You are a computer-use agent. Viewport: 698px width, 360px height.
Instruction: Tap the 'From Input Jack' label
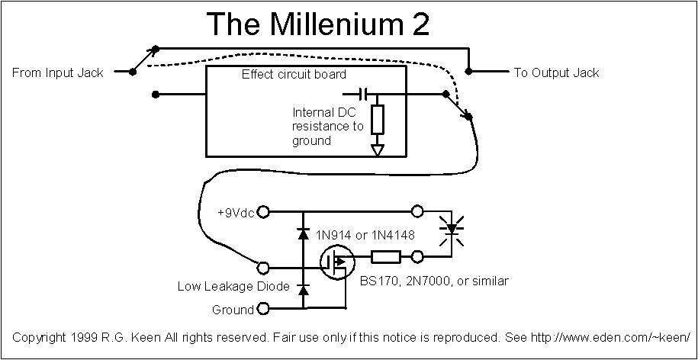(x=58, y=72)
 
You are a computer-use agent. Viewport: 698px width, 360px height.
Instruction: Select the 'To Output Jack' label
(x=556, y=72)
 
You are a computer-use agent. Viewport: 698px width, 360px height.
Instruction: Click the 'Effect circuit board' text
(x=294, y=75)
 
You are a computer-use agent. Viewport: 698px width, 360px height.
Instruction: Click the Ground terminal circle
(x=263, y=309)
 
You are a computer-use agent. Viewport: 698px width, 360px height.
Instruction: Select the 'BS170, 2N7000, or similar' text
(x=433, y=281)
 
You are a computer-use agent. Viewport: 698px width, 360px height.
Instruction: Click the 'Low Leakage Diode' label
(x=233, y=287)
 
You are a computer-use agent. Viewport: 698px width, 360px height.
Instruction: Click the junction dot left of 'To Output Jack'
(x=470, y=72)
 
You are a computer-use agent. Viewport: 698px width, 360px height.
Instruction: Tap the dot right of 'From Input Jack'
(x=133, y=72)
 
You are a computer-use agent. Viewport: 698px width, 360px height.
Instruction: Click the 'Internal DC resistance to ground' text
(x=328, y=126)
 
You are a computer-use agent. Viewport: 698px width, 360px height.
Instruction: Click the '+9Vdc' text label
(x=237, y=211)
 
